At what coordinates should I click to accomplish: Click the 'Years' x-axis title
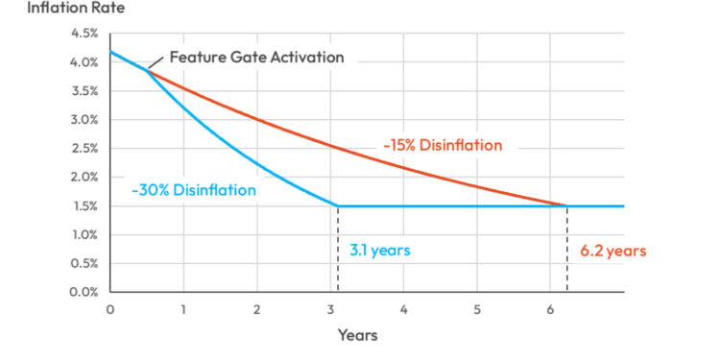point(357,335)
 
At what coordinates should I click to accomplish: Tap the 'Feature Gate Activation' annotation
point(256,57)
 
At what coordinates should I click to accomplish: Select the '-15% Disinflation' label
point(444,146)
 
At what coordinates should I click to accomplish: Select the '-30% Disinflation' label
point(194,190)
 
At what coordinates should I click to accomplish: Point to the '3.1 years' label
point(378,251)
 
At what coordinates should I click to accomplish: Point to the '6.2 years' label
point(613,251)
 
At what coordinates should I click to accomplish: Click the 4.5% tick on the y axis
point(85,34)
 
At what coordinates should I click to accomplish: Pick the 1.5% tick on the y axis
point(85,206)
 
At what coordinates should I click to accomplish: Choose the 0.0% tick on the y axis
point(85,292)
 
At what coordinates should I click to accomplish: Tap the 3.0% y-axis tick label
point(85,120)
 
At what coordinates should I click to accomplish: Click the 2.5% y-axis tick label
point(85,149)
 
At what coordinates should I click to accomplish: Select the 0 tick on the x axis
point(110,309)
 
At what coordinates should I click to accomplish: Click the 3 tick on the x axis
point(330,309)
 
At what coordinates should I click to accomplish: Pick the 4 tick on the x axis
point(404,309)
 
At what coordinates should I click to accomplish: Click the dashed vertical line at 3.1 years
point(338,250)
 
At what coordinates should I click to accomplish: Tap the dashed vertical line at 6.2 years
point(566,250)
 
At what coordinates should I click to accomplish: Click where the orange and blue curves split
point(147,71)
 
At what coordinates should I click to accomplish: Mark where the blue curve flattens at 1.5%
point(338,205)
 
